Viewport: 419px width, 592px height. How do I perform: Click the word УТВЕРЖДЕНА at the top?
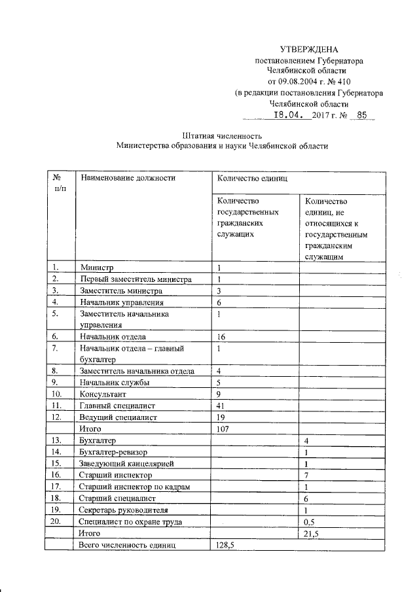click(x=309, y=49)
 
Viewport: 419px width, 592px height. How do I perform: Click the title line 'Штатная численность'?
click(x=220, y=135)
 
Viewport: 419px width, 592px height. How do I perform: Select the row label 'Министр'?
click(x=97, y=268)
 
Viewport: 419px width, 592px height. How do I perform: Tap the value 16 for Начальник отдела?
click(x=221, y=336)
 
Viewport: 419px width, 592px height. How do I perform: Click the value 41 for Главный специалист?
click(x=221, y=406)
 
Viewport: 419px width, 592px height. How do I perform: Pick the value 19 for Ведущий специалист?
click(x=221, y=417)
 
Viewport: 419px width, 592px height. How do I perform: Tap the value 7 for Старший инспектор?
click(x=306, y=475)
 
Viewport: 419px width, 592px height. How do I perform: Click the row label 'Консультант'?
click(x=103, y=394)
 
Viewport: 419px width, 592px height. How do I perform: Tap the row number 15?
click(x=57, y=463)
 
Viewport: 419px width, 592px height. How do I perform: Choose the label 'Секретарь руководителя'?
click(x=128, y=510)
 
